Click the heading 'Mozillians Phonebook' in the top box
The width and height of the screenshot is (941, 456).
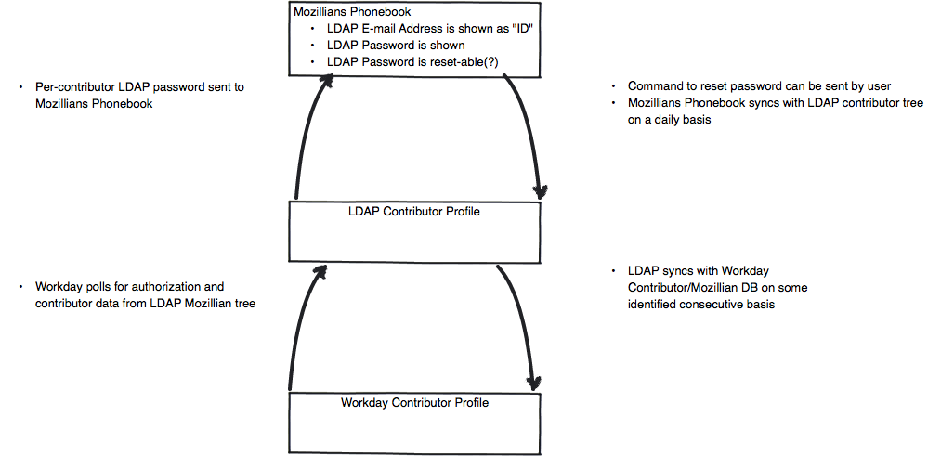[352, 11]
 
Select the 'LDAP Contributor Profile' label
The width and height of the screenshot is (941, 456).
[414, 211]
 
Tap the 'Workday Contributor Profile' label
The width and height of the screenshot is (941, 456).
[414, 402]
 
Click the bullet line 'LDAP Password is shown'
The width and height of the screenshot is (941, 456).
[396, 45]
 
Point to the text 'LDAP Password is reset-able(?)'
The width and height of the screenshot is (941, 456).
[413, 62]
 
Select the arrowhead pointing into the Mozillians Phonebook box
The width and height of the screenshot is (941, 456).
[326, 81]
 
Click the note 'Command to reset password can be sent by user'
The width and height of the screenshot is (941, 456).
[759, 86]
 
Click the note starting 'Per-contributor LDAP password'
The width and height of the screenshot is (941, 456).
[140, 95]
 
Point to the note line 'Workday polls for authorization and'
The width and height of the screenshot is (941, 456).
[130, 287]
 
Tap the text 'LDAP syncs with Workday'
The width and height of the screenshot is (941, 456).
[699, 270]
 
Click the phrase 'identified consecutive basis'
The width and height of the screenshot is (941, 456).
[701, 305]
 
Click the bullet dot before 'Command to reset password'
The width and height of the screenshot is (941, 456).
[614, 87]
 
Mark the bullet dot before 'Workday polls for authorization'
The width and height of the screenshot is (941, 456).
[21, 287]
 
